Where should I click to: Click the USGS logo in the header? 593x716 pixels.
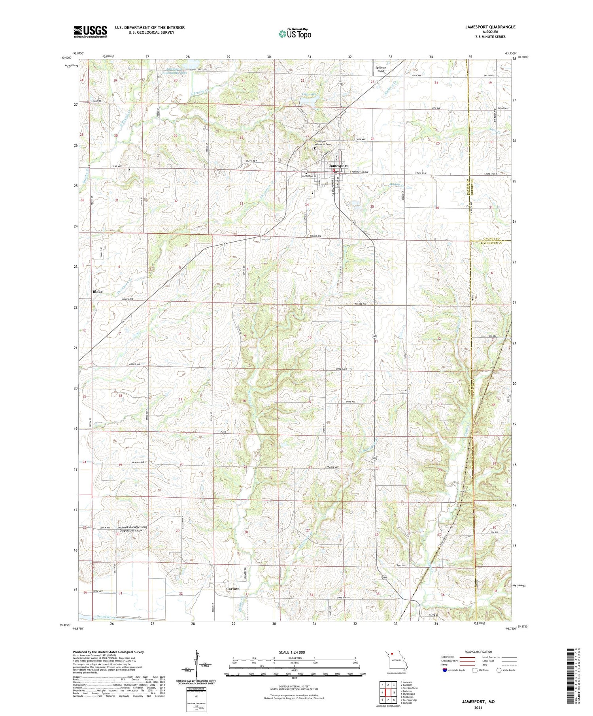(90, 32)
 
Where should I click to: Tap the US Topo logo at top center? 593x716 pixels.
(295, 34)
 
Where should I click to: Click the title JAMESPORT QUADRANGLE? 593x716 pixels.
(491, 27)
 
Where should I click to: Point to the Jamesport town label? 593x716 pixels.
(338, 166)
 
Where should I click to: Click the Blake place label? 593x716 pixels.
(97, 291)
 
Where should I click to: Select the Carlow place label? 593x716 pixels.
(232, 589)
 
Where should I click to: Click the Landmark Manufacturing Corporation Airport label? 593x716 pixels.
(132, 529)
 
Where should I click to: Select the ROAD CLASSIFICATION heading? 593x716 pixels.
(478, 652)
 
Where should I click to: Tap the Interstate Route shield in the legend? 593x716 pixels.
(444, 670)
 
